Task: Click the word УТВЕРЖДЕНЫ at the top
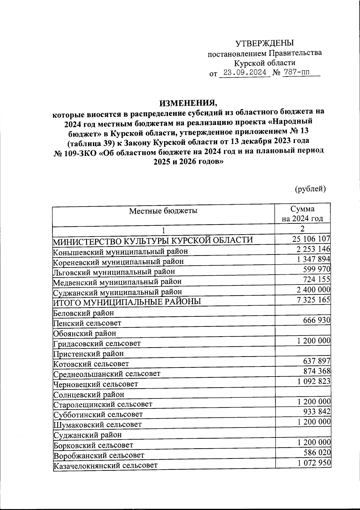click(264, 43)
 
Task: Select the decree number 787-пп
click(296, 73)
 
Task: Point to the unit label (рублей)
click(310, 189)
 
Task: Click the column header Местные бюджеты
click(163, 211)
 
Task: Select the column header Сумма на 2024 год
click(302, 213)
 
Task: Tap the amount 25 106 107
click(311, 239)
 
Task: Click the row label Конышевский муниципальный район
click(120, 251)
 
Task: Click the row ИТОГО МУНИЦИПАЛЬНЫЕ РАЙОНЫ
click(127, 302)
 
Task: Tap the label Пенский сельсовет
click(87, 323)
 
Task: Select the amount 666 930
click(316, 320)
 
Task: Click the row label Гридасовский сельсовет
click(97, 344)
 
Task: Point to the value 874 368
click(316, 371)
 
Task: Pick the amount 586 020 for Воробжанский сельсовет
click(316, 452)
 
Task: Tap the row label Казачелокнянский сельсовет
click(105, 466)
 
